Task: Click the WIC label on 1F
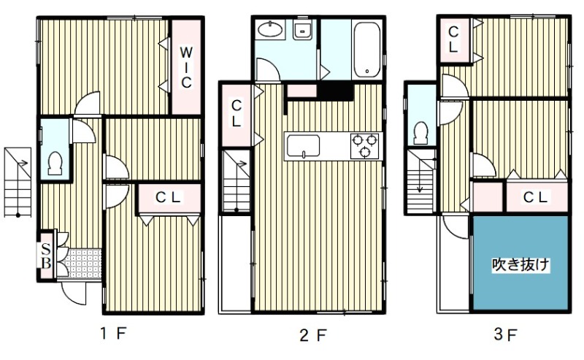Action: pos(186,67)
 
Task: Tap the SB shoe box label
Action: pos(46,256)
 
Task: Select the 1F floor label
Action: pos(114,333)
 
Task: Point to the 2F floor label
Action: pos(313,335)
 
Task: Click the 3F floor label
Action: pos(505,334)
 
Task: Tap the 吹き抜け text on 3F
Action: pos(520,264)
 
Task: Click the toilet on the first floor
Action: pos(55,164)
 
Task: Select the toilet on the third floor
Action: pos(420,133)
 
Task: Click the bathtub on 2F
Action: pos(367,50)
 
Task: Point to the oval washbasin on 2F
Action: pos(270,29)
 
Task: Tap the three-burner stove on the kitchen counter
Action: pos(364,146)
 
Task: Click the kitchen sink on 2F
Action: pos(303,147)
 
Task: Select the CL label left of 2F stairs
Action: pos(236,113)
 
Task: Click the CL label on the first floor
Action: pos(168,197)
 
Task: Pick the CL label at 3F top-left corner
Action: pos(453,39)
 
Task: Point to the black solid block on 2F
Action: pos(335,91)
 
